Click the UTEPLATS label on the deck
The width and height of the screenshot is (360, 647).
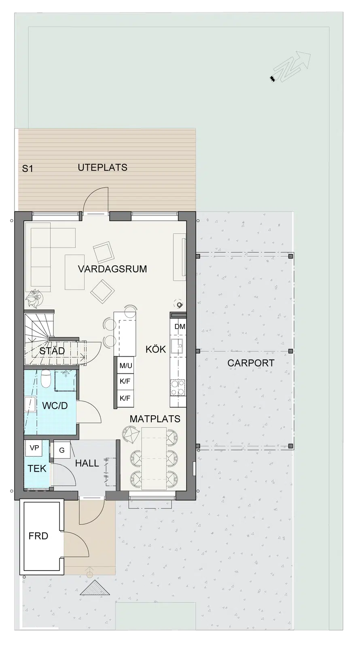(103, 167)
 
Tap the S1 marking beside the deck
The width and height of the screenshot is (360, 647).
(28, 169)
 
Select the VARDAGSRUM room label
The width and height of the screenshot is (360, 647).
(112, 269)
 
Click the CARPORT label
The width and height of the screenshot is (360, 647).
(251, 363)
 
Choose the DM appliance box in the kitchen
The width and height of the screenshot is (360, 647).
(180, 327)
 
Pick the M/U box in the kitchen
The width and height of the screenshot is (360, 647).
(126, 366)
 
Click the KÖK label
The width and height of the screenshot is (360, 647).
(156, 349)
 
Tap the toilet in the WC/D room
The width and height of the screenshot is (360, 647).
(46, 379)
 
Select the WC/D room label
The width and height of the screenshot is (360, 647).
(55, 406)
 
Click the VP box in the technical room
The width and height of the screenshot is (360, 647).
(34, 448)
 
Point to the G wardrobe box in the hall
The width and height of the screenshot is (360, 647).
(62, 450)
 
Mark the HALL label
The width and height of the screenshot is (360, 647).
(87, 463)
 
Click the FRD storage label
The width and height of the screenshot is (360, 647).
(38, 536)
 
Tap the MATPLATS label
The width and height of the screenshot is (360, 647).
(155, 419)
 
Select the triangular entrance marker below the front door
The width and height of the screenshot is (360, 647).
(95, 588)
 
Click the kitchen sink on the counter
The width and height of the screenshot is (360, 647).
(176, 346)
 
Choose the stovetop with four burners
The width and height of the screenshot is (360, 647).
(178, 387)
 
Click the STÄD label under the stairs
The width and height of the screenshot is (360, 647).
(52, 351)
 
